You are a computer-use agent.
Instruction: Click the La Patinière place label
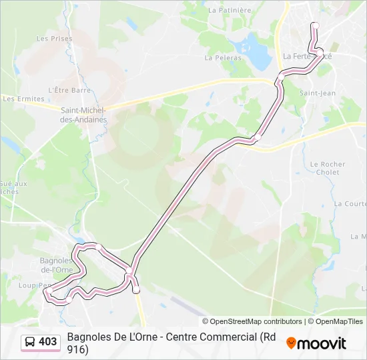point(230,10)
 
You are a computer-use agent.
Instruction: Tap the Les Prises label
point(55,39)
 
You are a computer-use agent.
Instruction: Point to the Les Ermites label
point(19,99)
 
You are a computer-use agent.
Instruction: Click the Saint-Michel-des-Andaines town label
point(83,115)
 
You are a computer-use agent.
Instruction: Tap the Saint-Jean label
point(318,93)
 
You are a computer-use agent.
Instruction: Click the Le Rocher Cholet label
point(328,168)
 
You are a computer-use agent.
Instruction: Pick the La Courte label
point(350,203)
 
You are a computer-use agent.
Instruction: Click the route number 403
point(48,342)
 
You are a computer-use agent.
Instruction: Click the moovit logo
point(316,343)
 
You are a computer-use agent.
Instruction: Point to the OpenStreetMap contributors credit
point(252,321)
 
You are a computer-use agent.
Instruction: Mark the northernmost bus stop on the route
point(316,26)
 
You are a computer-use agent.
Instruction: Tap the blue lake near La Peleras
point(252,47)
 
